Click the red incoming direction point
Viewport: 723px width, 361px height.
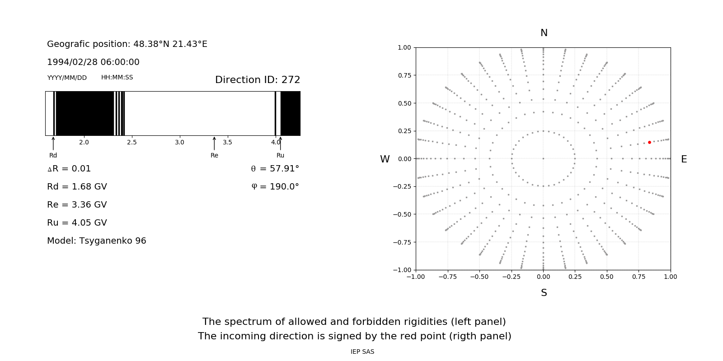[649, 142]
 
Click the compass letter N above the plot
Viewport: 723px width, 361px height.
[544, 33]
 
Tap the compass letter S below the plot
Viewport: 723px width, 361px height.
[544, 293]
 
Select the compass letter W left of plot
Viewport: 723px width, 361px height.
[385, 159]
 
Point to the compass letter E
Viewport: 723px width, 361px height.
[684, 159]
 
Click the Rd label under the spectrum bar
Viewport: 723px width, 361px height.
[53, 155]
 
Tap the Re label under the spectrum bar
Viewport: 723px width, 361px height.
[214, 155]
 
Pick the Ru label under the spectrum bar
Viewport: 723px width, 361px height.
[280, 155]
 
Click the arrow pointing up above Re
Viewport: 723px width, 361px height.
[214, 143]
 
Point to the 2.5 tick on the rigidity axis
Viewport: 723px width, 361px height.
[131, 142]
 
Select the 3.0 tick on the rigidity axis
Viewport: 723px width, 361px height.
[179, 142]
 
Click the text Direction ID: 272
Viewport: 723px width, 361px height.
[258, 80]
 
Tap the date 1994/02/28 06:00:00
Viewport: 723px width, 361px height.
[93, 62]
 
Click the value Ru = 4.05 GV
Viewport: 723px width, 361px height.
[77, 222]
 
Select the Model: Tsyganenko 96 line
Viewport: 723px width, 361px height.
[97, 241]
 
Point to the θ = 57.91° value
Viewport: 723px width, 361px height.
[275, 168]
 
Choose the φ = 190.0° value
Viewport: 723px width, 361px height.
[275, 186]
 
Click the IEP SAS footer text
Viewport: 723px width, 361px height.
[362, 352]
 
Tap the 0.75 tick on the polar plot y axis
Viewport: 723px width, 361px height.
[404, 75]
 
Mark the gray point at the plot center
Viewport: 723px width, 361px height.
[543, 158]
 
